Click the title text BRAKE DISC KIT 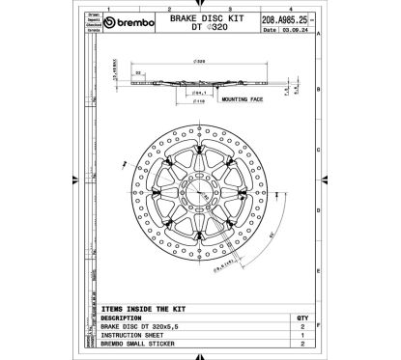pos(198,17)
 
